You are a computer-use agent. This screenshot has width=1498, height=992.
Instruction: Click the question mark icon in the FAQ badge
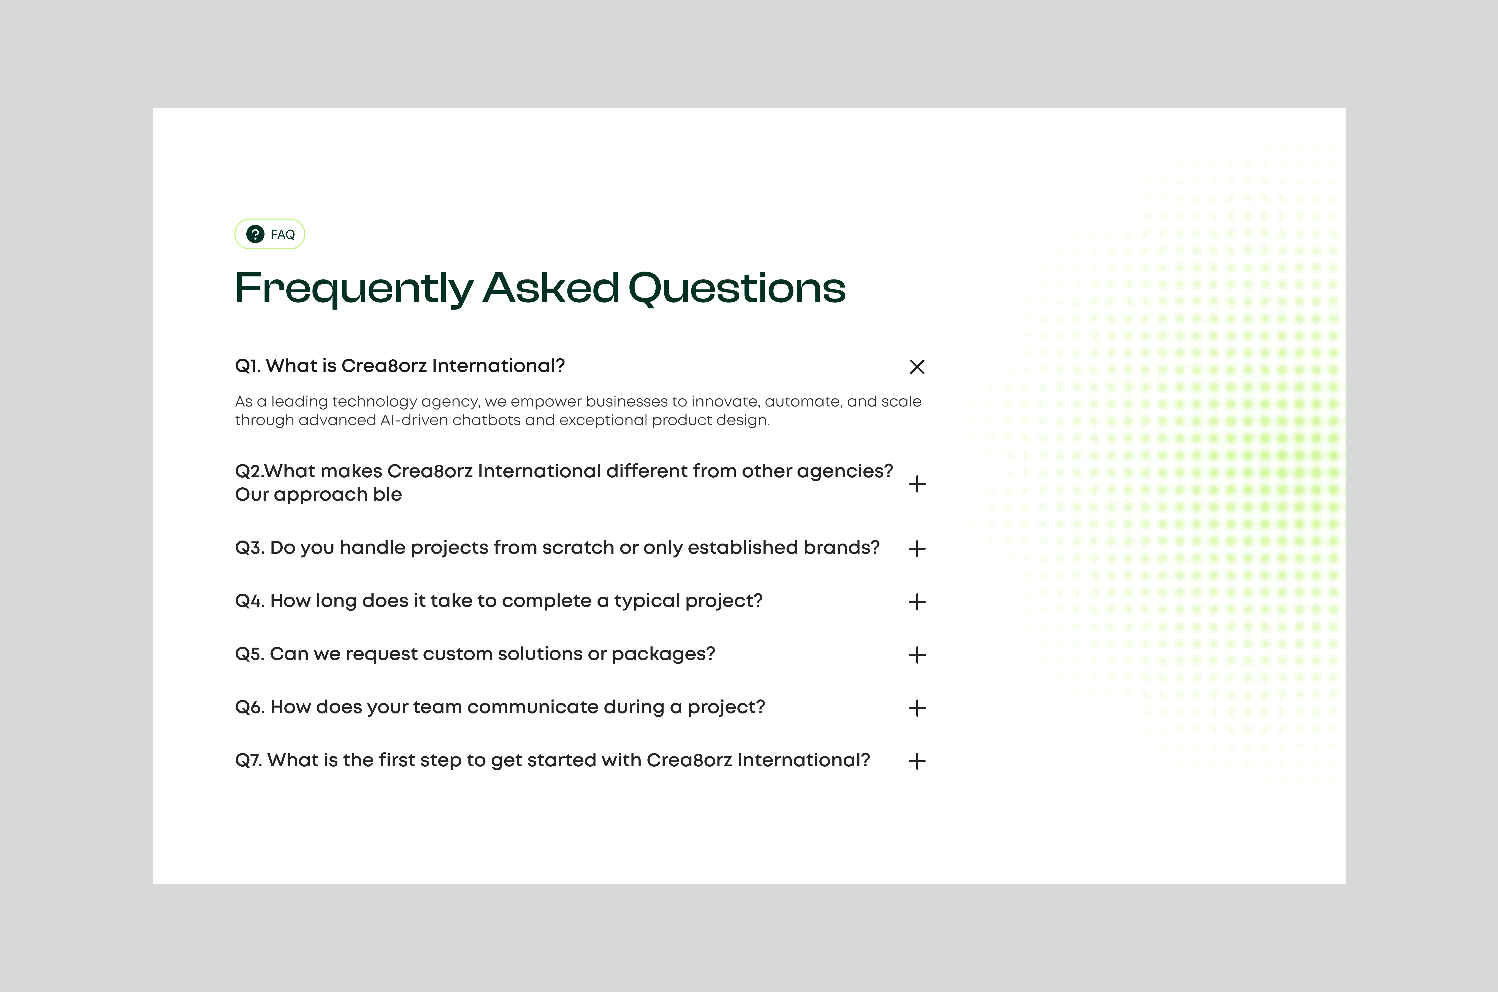[x=255, y=234]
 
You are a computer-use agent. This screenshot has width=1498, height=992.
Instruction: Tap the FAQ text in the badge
[x=282, y=235]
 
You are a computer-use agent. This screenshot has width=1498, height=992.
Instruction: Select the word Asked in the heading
[x=551, y=288]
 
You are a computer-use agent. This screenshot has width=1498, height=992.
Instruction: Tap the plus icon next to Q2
[x=917, y=484]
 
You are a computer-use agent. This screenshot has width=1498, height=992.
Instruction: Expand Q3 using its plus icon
[x=917, y=548]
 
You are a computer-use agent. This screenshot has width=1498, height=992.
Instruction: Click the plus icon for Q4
[x=917, y=602]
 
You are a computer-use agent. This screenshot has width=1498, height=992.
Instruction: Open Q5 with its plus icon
[x=917, y=655]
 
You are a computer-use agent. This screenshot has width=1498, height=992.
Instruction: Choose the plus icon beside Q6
[x=917, y=708]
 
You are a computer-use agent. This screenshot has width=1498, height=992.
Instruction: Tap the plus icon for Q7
[x=917, y=761]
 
